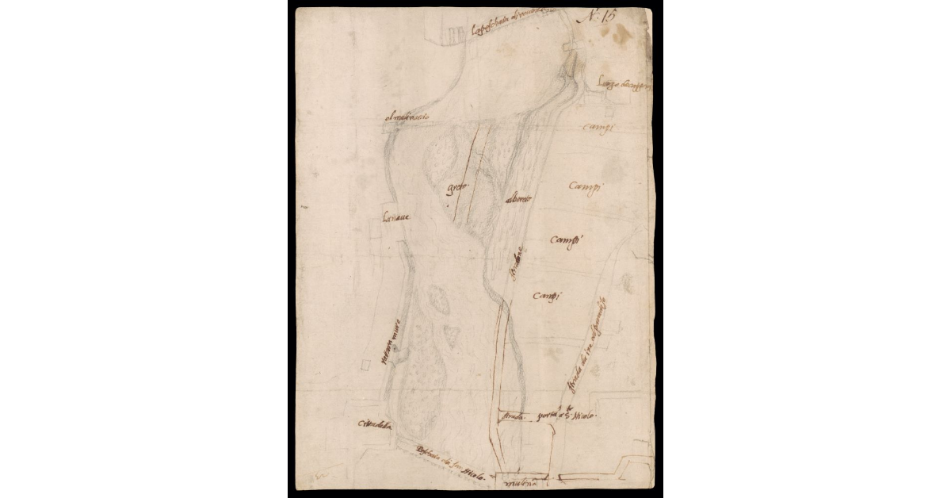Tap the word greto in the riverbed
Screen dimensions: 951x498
point(459,188)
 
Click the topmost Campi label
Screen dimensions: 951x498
point(599,128)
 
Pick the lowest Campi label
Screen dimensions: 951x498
point(548,296)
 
